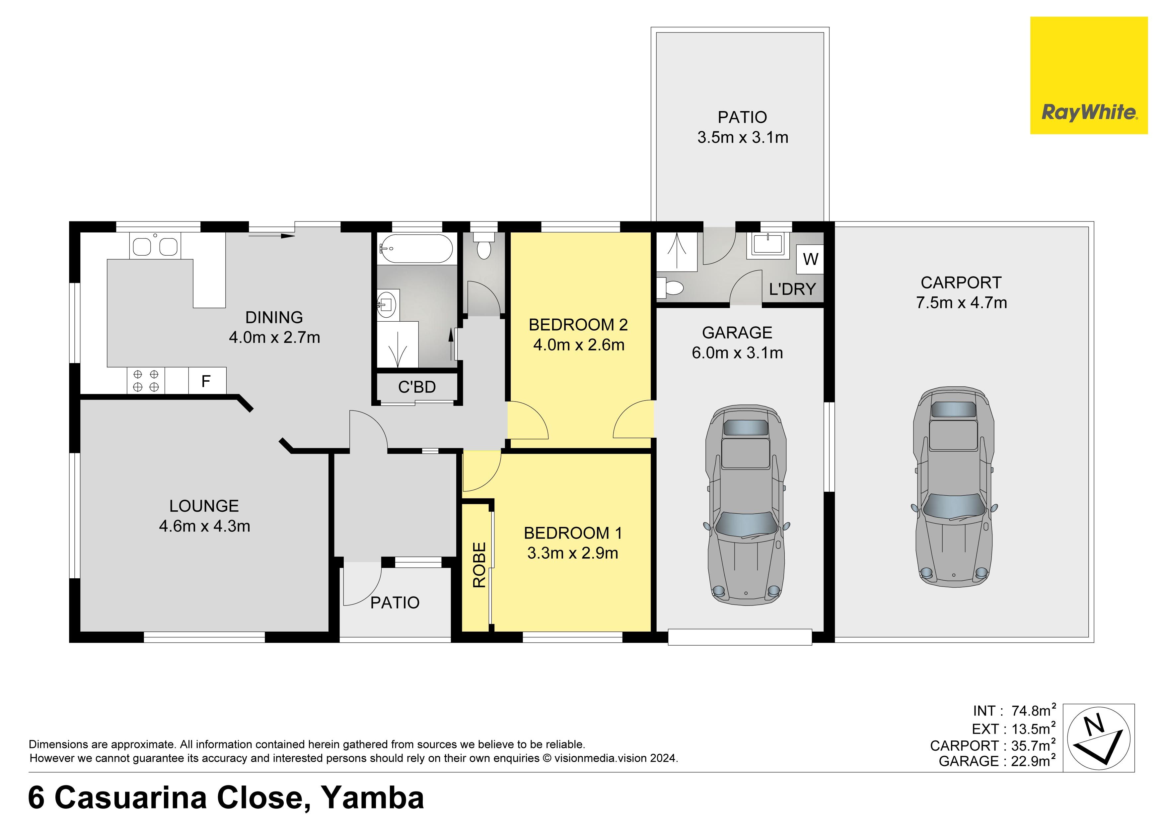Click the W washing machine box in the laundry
[x=810, y=259]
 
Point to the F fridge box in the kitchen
[x=206, y=381]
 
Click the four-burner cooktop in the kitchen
[x=146, y=381]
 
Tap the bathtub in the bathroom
[x=416, y=248]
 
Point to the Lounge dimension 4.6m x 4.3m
[x=204, y=526]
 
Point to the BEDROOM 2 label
[x=578, y=325]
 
